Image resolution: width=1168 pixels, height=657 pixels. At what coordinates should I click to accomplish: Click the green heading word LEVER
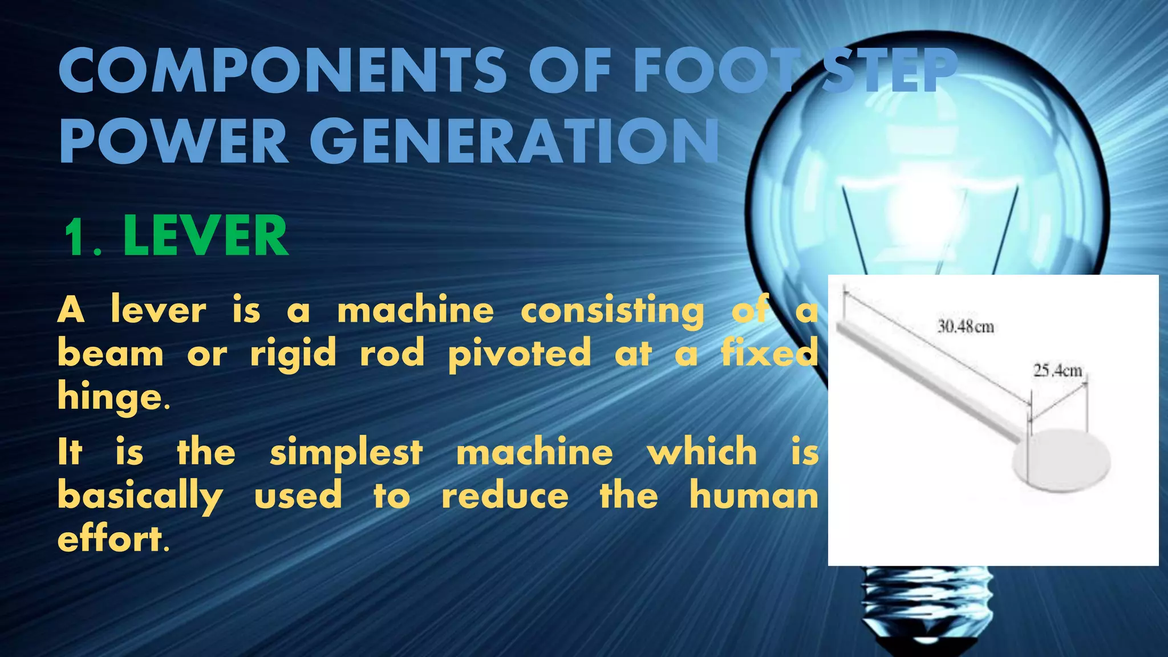tap(205, 236)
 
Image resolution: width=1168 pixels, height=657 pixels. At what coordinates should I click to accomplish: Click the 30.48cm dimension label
tap(966, 327)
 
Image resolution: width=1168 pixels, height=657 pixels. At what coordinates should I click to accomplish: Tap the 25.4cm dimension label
tap(1057, 371)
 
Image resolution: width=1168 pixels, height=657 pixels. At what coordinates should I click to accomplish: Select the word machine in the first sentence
tap(415, 311)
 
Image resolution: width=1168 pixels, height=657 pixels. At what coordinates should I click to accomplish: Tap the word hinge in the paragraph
tap(111, 397)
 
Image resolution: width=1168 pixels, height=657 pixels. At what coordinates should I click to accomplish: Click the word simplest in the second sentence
tap(346, 453)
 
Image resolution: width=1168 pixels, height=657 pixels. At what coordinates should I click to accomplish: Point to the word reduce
tap(505, 496)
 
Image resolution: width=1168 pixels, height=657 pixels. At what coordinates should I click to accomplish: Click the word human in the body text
tap(753, 496)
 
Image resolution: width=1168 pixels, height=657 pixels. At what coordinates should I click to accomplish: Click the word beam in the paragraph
tap(111, 354)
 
